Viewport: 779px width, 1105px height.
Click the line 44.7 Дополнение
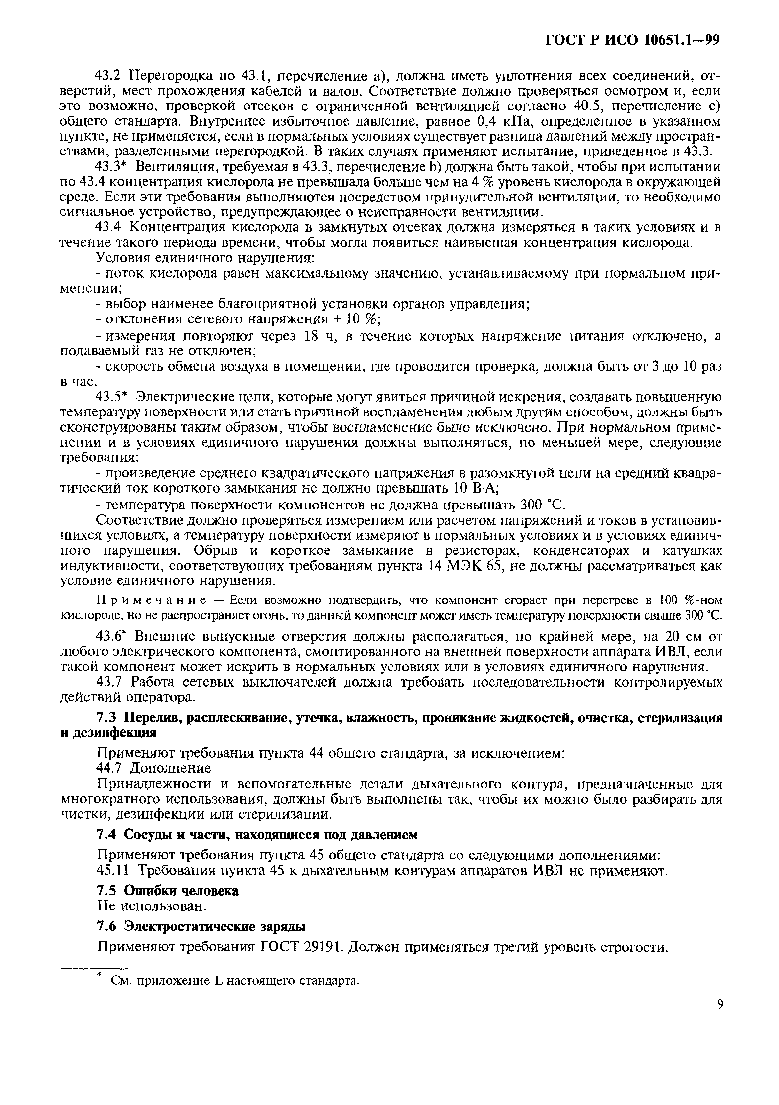tap(154, 768)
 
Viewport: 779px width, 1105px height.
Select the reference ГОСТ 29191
tap(301, 947)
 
